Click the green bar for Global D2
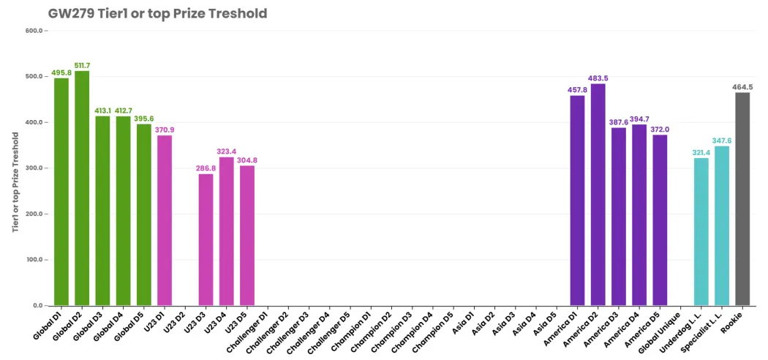pyautogui.click(x=82, y=188)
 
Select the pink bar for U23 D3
pyautogui.click(x=206, y=239)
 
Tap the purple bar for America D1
pyautogui.click(x=578, y=200)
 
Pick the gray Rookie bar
pyautogui.click(x=742, y=199)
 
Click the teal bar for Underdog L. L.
pyautogui.click(x=701, y=232)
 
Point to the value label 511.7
pyautogui.click(x=82, y=66)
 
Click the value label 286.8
pyautogui.click(x=206, y=168)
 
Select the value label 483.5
pyautogui.click(x=598, y=78)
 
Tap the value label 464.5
pyautogui.click(x=742, y=87)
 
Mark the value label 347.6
pyautogui.click(x=722, y=140)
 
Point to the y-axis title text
pyautogui.click(x=16, y=182)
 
